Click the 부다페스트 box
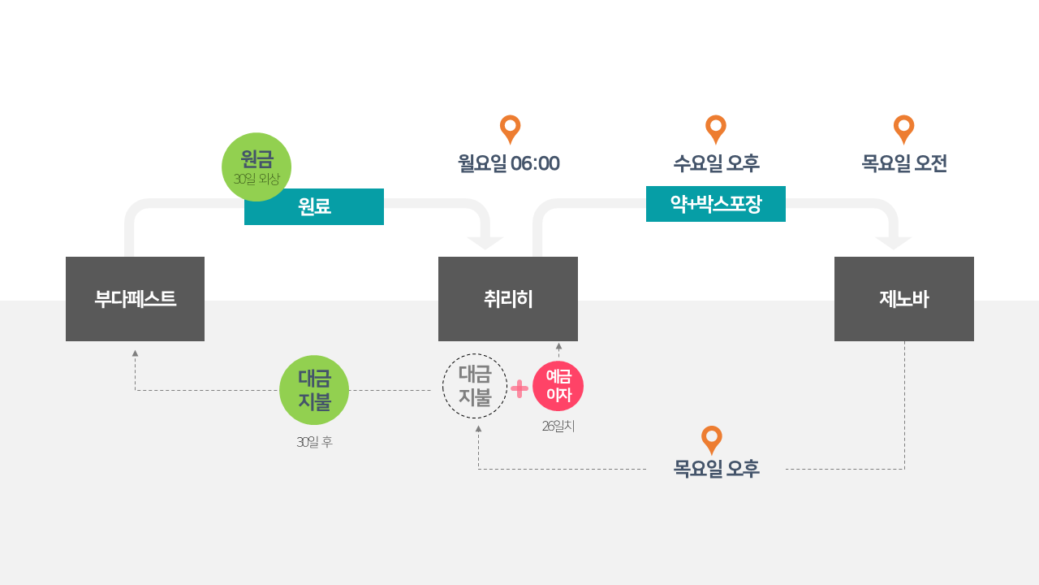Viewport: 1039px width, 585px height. (135, 299)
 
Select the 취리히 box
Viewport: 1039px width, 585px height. (508, 299)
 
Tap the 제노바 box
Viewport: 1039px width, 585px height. (904, 299)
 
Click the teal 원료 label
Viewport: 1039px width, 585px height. (314, 206)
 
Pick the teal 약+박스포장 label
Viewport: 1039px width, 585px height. (716, 204)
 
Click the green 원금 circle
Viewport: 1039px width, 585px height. (257, 167)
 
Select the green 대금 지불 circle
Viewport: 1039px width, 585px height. (314, 390)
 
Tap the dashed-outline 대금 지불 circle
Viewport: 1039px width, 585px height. (475, 386)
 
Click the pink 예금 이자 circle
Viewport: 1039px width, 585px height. (558, 386)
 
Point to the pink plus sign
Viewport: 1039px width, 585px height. (519, 389)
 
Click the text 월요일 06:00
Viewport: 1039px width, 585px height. (509, 163)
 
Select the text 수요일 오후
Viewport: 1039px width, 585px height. (716, 163)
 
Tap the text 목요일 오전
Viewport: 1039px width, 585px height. (904, 163)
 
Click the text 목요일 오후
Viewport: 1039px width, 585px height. (716, 469)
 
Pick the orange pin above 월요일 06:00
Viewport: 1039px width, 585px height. (510, 128)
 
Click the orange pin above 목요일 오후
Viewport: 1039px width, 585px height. (712, 439)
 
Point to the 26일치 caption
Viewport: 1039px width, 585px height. (558, 426)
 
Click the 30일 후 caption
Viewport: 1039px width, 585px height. (314, 442)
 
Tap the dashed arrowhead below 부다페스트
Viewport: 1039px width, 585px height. (135, 353)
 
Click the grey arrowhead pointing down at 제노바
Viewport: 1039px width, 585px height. (894, 243)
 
